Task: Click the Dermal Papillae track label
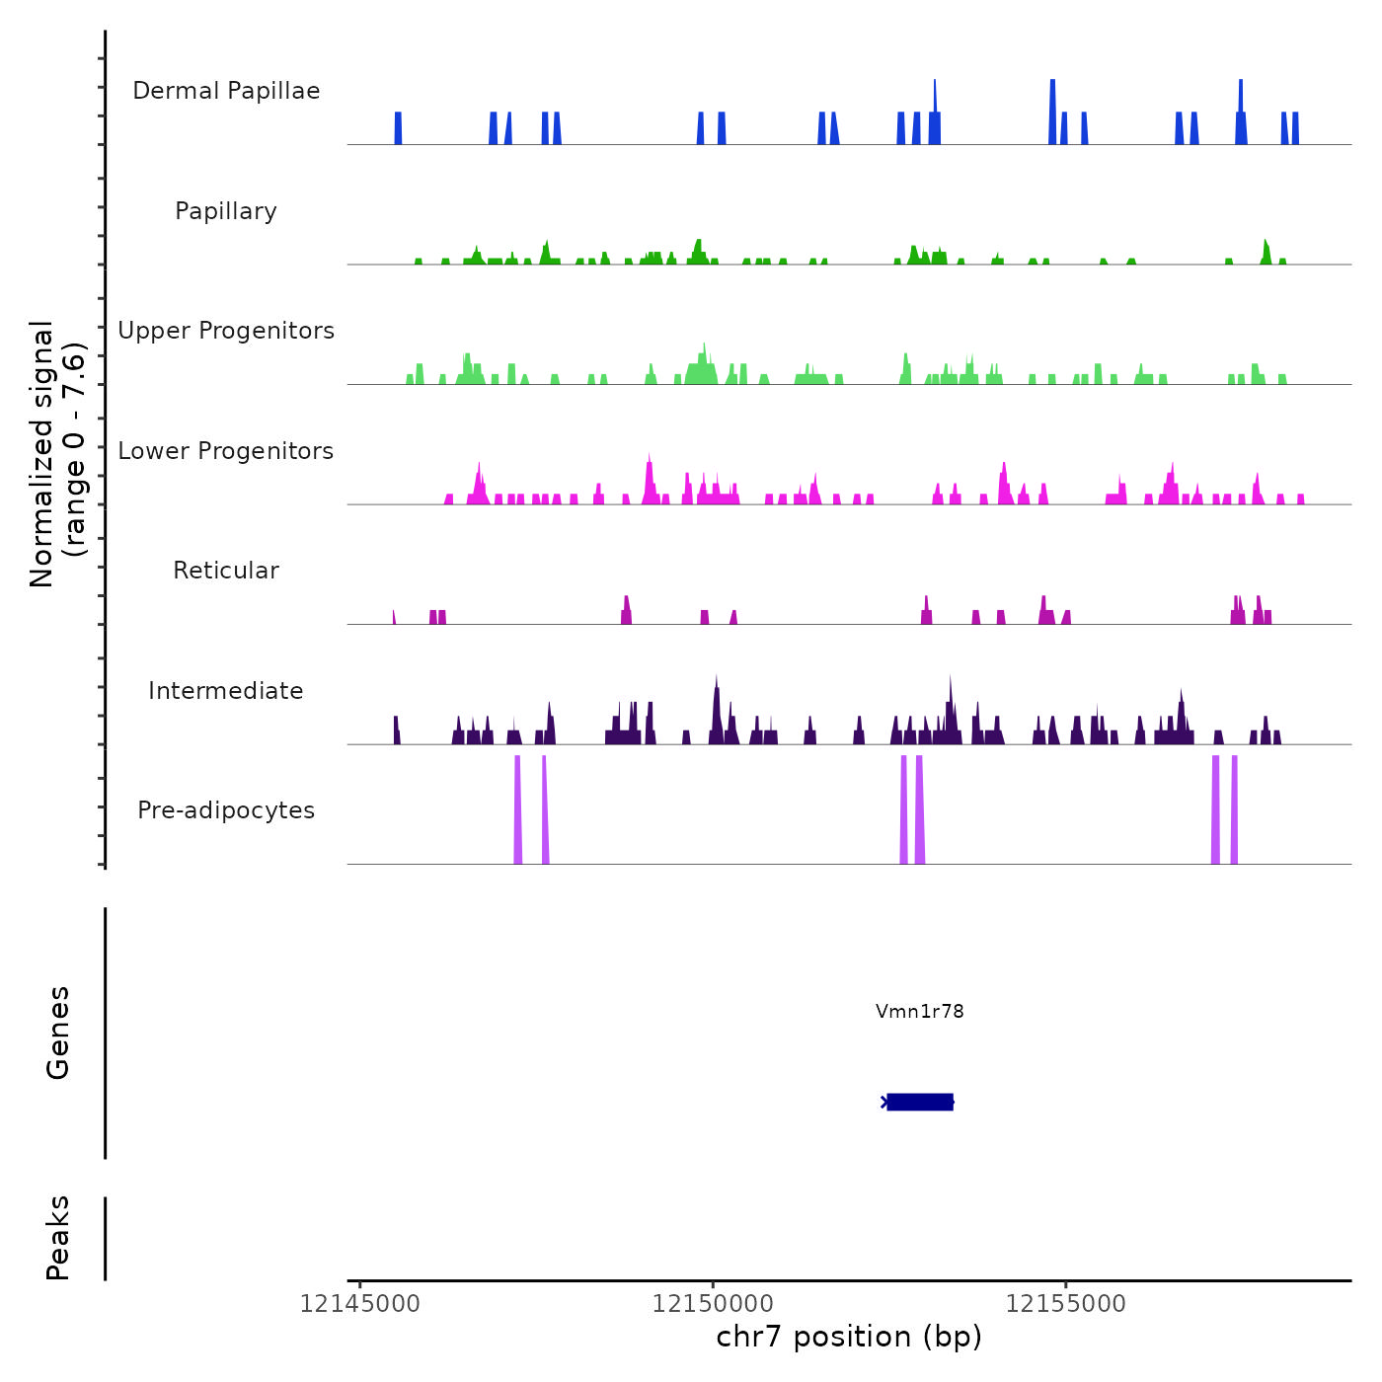tap(226, 91)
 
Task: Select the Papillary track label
tap(226, 211)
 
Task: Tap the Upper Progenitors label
tap(226, 331)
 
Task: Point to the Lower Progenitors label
tap(226, 451)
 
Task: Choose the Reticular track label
tap(226, 571)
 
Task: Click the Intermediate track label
tap(226, 691)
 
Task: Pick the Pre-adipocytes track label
tap(226, 810)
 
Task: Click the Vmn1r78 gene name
tap(919, 1011)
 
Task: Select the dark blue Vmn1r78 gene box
tap(920, 1102)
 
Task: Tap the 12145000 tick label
tap(360, 1304)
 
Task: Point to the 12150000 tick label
tap(713, 1304)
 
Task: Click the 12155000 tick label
tap(1066, 1304)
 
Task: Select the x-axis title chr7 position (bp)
tap(849, 1337)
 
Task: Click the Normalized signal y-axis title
tap(57, 454)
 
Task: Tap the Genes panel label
tap(58, 1033)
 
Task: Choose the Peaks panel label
tap(58, 1238)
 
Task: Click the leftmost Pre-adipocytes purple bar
tap(517, 809)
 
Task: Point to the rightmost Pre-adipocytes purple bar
tap(1234, 809)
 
